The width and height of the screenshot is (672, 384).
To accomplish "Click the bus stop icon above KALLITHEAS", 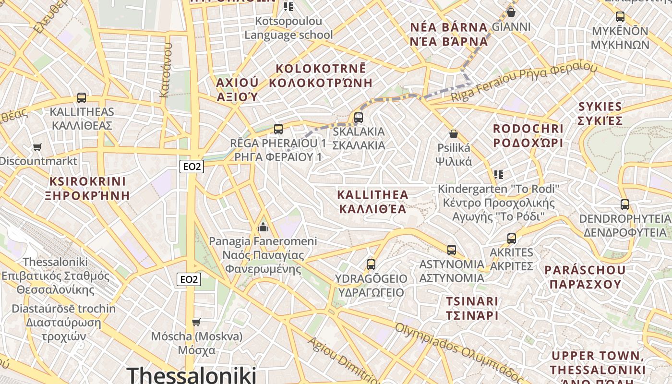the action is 82,98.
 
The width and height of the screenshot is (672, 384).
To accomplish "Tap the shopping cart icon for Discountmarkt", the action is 37,147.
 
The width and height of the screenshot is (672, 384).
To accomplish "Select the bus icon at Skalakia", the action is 358,117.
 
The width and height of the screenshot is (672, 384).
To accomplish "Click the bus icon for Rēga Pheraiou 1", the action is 278,129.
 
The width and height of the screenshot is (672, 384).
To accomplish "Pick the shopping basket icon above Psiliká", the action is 453,134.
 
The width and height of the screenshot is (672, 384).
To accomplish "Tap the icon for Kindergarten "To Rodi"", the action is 499,174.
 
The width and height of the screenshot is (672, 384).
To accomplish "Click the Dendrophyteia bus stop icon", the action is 625,204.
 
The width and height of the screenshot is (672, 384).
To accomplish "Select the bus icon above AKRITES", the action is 512,238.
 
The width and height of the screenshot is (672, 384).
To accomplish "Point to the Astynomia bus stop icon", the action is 452,250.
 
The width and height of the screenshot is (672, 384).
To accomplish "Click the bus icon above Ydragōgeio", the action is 371,264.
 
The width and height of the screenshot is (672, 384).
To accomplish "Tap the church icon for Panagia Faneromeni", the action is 263,227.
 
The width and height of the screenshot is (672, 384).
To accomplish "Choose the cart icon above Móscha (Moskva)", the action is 196,322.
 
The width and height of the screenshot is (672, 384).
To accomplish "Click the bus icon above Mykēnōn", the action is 620,17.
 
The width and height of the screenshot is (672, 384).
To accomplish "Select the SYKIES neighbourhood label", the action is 600,113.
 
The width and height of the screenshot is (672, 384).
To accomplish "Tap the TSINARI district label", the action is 472,308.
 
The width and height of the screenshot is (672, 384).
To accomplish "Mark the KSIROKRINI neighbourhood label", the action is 87,188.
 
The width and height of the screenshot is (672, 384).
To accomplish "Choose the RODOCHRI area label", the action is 528,136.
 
